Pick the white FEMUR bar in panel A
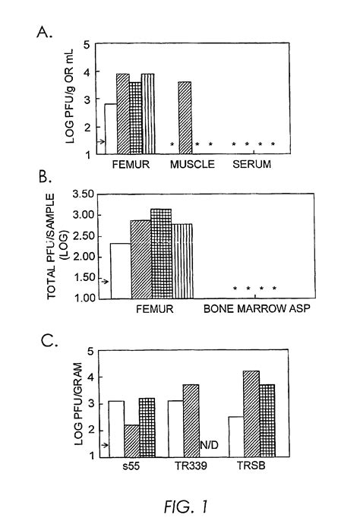point(110,129)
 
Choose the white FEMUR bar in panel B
point(121,270)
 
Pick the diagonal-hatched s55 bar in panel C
point(130,440)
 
